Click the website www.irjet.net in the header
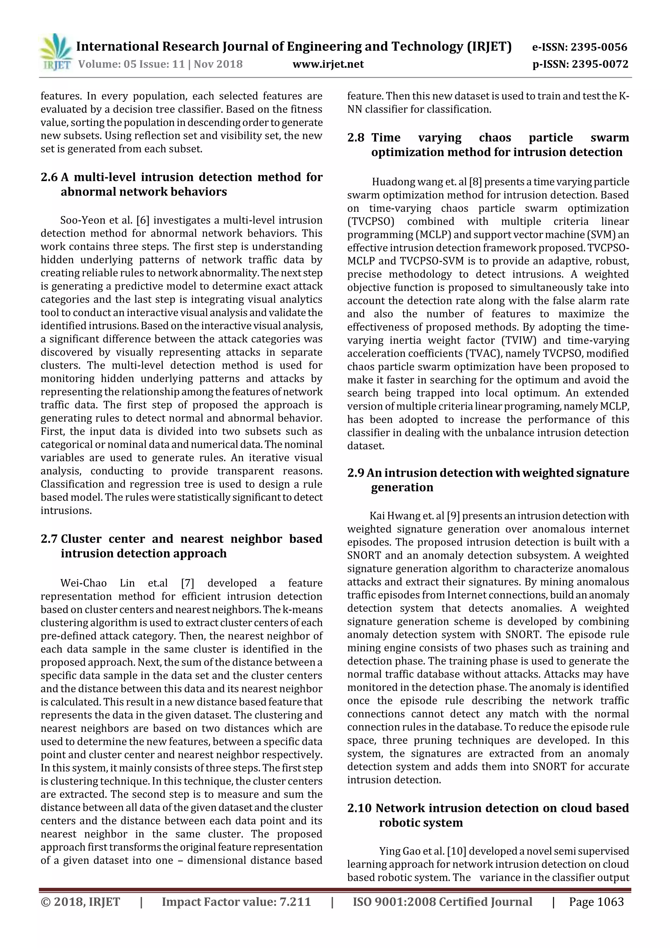[328, 64]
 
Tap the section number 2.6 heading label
[49, 177]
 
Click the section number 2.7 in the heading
[49, 539]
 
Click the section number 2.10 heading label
[359, 808]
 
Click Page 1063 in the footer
[596, 902]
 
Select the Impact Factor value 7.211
[295, 902]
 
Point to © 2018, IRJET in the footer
[80, 902]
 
